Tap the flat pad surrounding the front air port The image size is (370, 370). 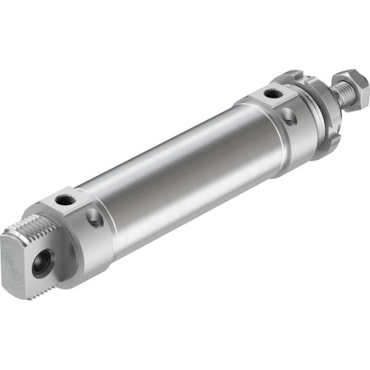(x=266, y=95)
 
